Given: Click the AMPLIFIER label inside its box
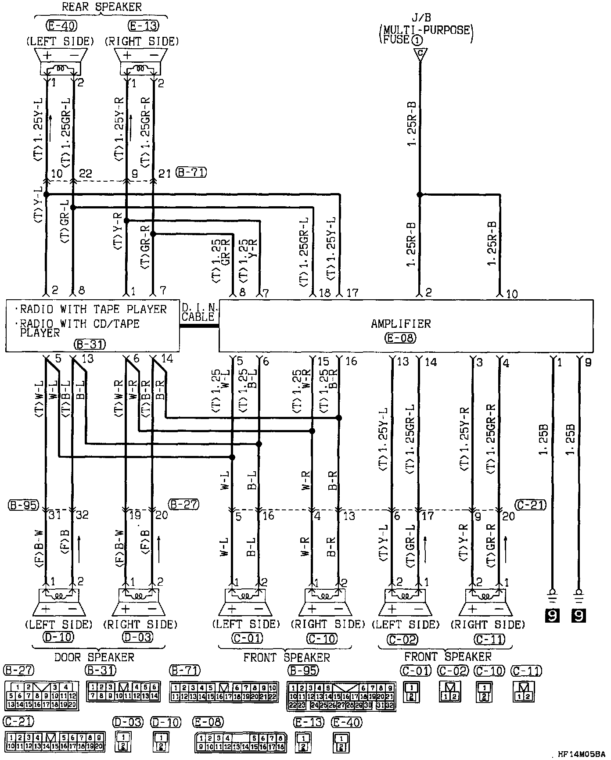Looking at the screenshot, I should (x=401, y=324).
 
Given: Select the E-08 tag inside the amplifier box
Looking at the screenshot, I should (x=400, y=337).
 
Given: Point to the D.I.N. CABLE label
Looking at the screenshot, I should (x=198, y=312).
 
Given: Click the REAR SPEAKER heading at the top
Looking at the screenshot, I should (x=101, y=7).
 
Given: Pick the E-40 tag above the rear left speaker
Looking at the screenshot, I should (x=61, y=26).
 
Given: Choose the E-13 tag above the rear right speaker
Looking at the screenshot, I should (x=143, y=26).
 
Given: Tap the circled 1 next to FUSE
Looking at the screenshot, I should (x=417, y=40).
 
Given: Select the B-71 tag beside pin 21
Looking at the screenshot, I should (x=191, y=172).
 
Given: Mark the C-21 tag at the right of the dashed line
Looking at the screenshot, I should (x=531, y=505).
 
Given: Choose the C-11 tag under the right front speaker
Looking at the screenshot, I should (x=490, y=639).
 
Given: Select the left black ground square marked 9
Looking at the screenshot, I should (x=552, y=616).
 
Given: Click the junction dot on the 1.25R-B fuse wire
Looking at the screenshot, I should (x=419, y=194).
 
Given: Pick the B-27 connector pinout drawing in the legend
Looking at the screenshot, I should (x=41, y=695).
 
